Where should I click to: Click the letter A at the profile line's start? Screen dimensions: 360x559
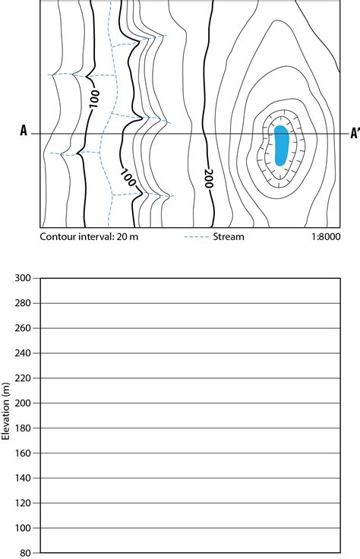[x=24, y=131]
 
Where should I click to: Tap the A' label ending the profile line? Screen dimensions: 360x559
[x=355, y=134]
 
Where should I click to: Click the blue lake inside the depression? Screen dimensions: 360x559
[x=281, y=145]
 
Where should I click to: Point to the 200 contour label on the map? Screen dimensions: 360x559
[x=209, y=178]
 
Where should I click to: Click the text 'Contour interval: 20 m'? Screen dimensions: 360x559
[x=89, y=237]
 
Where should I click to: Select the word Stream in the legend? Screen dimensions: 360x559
[x=229, y=237]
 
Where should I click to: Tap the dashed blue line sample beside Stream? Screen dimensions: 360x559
[x=196, y=237]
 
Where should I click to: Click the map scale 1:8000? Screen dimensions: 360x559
[x=326, y=237]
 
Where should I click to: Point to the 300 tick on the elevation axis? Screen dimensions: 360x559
[x=23, y=278]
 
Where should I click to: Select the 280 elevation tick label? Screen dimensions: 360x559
[x=23, y=303]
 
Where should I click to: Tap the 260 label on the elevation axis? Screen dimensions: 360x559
[x=23, y=328]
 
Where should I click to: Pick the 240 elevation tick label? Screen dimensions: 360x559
[x=23, y=353]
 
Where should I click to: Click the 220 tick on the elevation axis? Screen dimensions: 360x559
[x=23, y=378]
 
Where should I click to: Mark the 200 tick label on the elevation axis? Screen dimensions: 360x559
[x=23, y=403]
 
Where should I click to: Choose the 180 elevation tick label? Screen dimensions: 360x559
[x=23, y=428]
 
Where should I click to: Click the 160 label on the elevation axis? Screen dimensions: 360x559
[x=23, y=453]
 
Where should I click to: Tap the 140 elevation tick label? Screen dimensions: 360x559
[x=23, y=478]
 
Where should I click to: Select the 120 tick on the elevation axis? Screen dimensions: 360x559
[x=23, y=503]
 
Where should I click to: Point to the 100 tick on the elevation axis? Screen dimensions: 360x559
[x=23, y=528]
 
